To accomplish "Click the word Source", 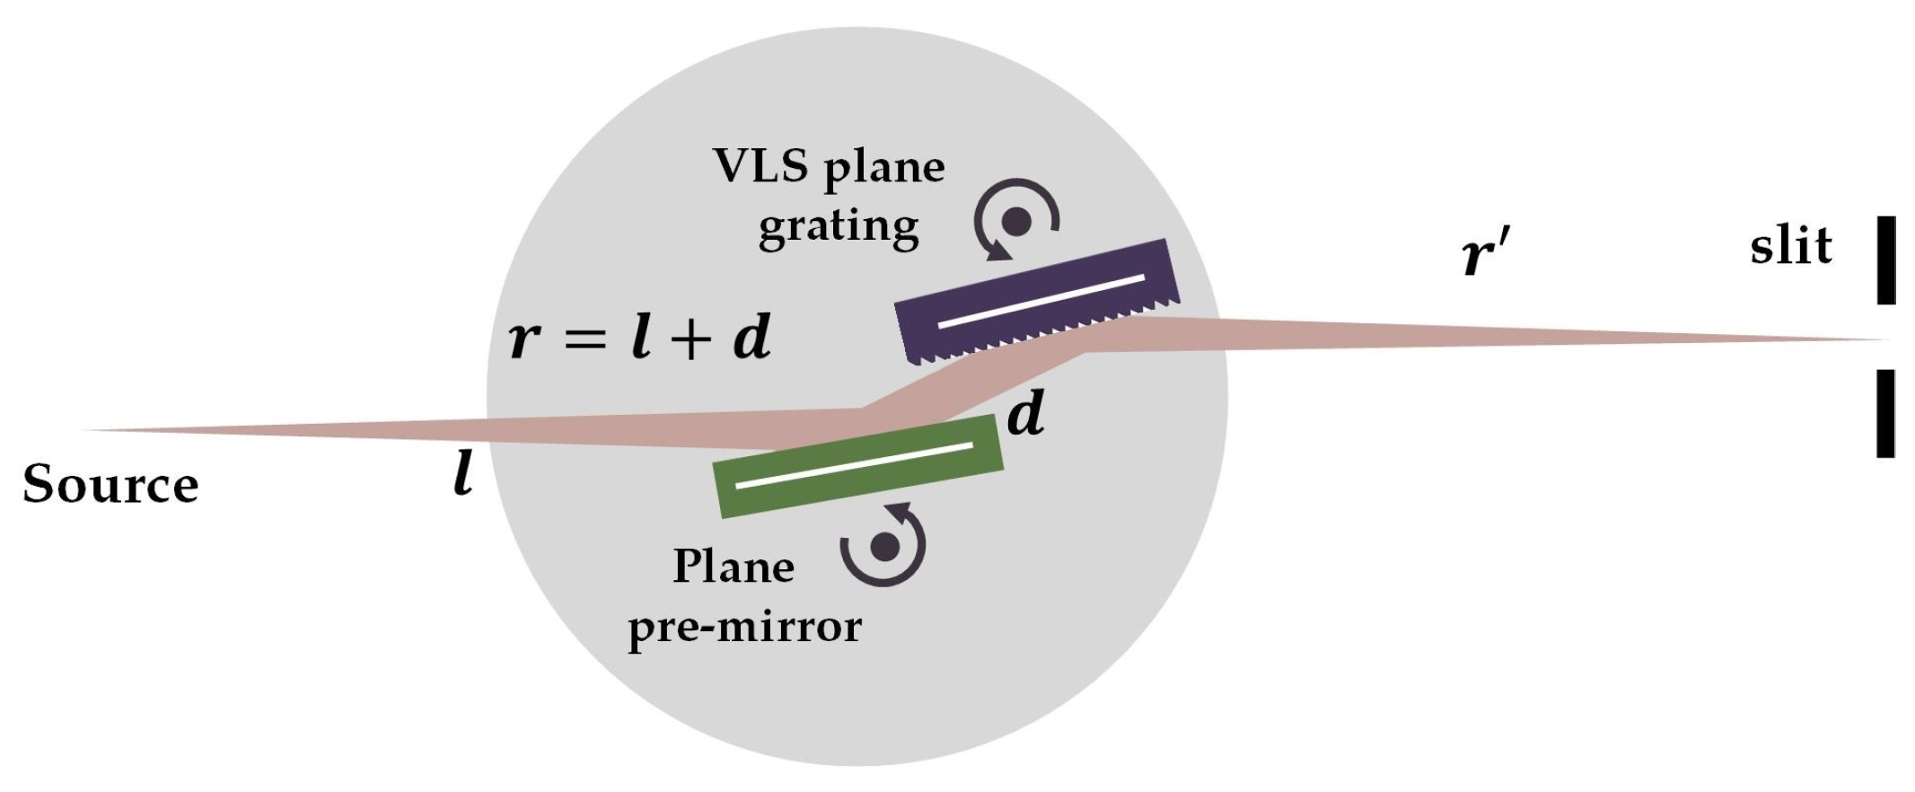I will [x=110, y=485].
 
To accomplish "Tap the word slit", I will [x=1790, y=246].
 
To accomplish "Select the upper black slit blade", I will [x=1885, y=260].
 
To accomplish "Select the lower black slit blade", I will [x=1885, y=413].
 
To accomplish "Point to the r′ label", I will [x=1486, y=254].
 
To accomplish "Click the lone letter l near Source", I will [x=463, y=473].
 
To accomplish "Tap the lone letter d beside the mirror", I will [x=1025, y=414].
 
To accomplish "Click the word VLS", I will [x=760, y=166].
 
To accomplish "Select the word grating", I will [x=839, y=226].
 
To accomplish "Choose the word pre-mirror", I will [x=744, y=626].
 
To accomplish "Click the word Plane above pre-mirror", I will [x=733, y=567].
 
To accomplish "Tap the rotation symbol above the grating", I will [x=1016, y=221].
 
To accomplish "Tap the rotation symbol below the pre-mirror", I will [x=884, y=545].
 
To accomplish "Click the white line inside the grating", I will [x=1041, y=300].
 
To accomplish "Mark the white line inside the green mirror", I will [x=854, y=464].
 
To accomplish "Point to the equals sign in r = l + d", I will [x=586, y=339].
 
